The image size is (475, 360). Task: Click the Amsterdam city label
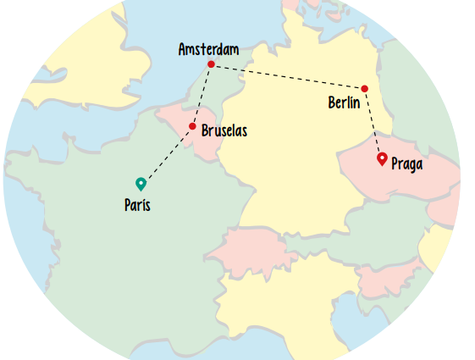pyautogui.click(x=208, y=50)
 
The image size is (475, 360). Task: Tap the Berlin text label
pyautogui.click(x=345, y=102)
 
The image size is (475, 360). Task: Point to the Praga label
pyautogui.click(x=406, y=163)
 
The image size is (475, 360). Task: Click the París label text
pyautogui.click(x=137, y=205)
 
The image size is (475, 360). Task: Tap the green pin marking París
pyautogui.click(x=141, y=183)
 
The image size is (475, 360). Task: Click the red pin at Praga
pyautogui.click(x=382, y=158)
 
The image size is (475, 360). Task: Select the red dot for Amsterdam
pyautogui.click(x=211, y=65)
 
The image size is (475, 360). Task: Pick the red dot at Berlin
pyautogui.click(x=365, y=88)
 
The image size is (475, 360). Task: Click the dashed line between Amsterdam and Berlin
pyautogui.click(x=288, y=76)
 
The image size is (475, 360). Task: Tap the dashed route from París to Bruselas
pyautogui.click(x=167, y=155)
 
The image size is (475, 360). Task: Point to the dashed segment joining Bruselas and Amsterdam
pyautogui.click(x=202, y=97)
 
